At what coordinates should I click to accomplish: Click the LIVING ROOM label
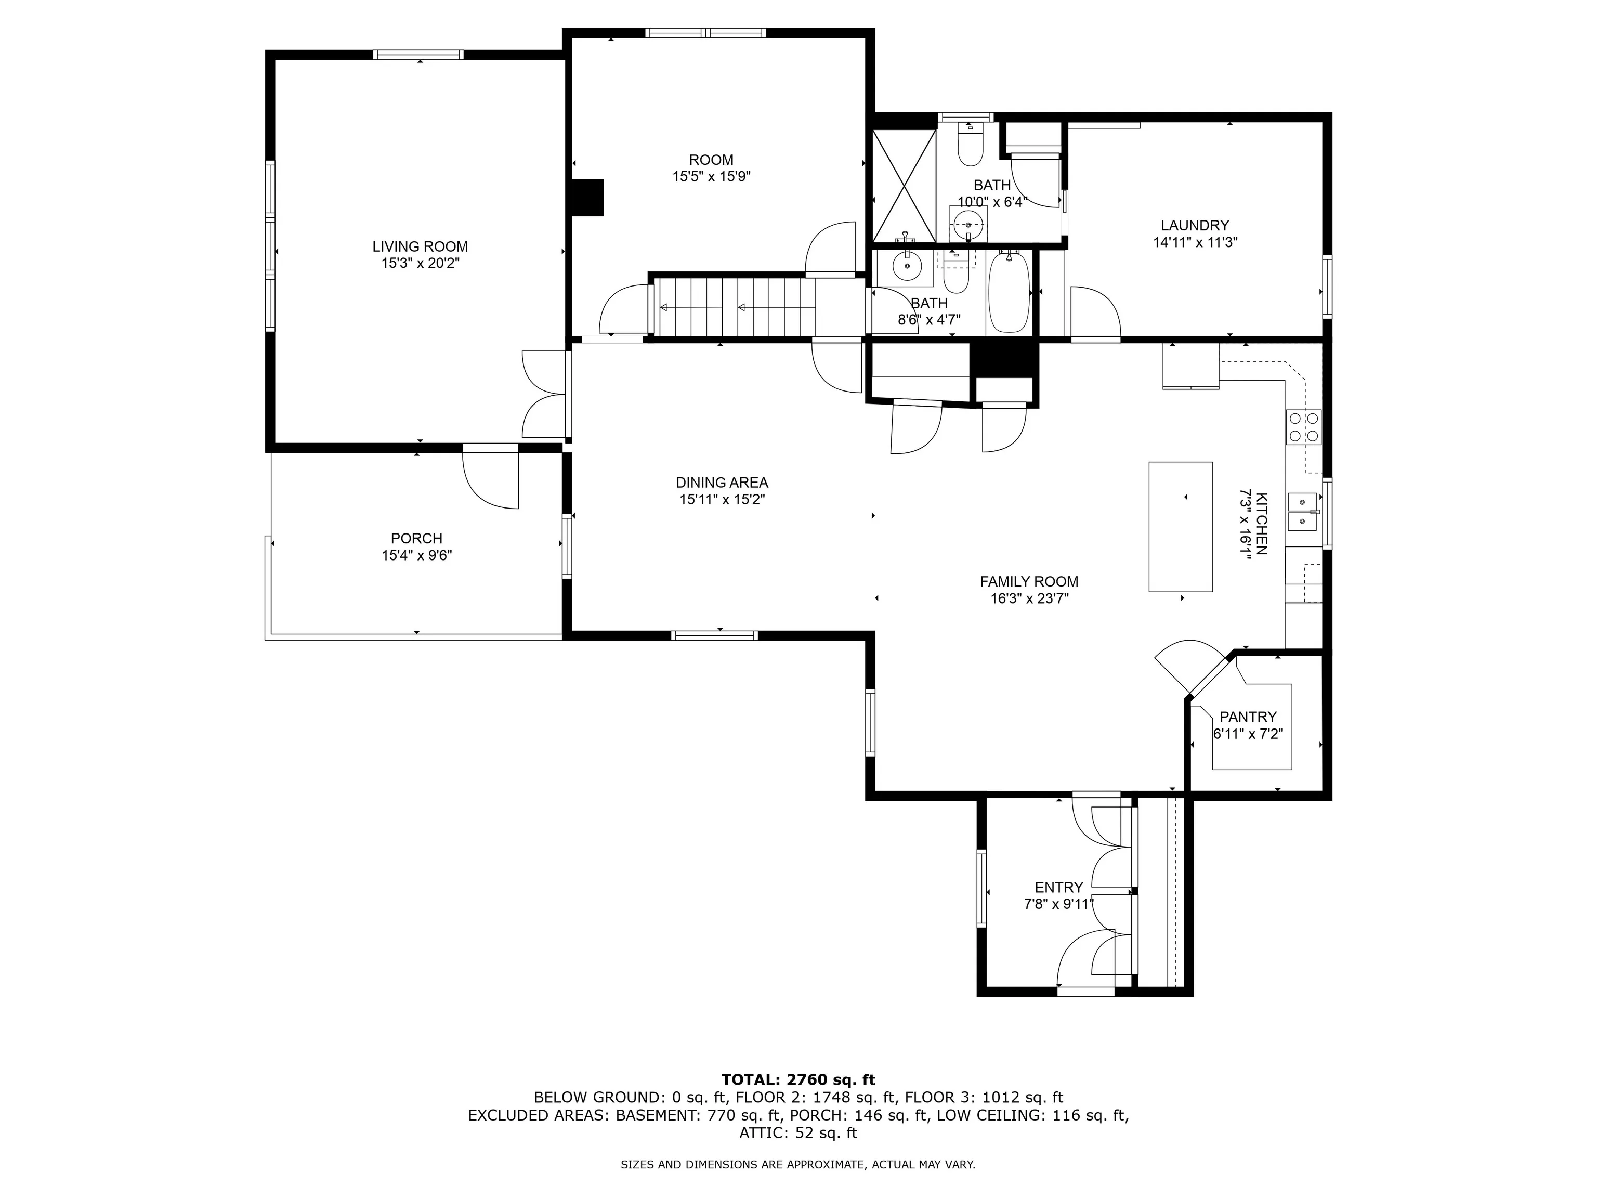point(420,247)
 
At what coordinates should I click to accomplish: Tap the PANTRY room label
point(1248,717)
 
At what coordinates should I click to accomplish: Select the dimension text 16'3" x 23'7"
point(1029,598)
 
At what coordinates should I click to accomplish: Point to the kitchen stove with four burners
point(1303,427)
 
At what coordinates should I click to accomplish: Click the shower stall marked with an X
point(905,186)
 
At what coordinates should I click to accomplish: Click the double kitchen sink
point(1303,511)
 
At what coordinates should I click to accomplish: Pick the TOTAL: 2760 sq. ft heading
point(798,1079)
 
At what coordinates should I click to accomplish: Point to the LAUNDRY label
point(1195,225)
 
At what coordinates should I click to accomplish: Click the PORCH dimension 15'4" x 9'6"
point(416,555)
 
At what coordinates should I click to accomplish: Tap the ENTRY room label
point(1058,888)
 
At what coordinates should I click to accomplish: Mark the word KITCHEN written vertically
point(1261,524)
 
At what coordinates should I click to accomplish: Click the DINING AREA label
point(722,483)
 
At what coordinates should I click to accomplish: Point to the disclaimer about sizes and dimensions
point(798,1164)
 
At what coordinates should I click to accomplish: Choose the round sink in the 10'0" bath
point(967,225)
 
